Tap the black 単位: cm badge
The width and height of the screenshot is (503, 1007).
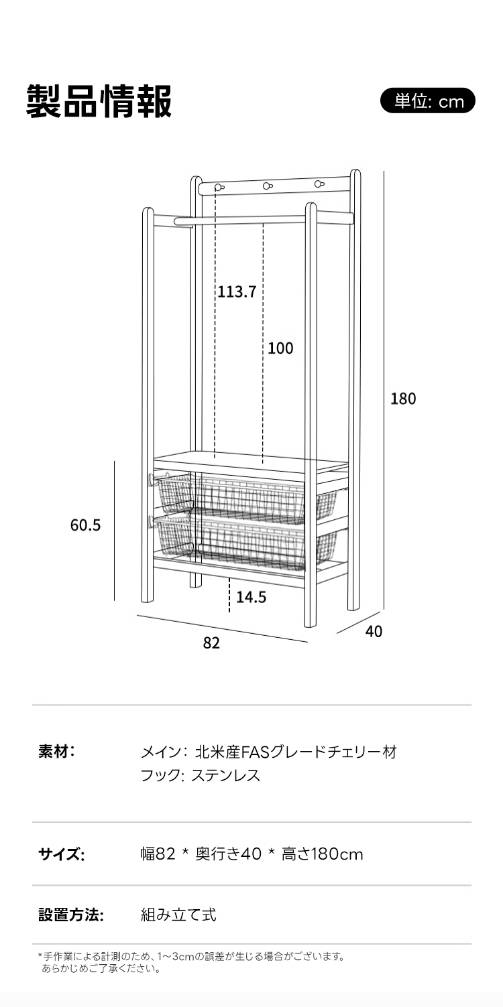428,101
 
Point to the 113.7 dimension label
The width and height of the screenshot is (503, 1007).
236,291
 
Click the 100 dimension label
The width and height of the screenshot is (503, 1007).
280,348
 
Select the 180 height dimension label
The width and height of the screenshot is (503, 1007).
403,399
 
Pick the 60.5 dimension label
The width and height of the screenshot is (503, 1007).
85,525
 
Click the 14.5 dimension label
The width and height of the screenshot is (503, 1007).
251,597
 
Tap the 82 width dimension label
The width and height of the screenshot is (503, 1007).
211,643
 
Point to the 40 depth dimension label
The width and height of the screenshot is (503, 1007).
374,631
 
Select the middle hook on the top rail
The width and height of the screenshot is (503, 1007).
268,186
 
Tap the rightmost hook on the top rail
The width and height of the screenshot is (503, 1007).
319,183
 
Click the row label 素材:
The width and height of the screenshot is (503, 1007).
56,751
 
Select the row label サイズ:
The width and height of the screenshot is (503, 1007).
61,854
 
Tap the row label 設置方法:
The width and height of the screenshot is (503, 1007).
71,915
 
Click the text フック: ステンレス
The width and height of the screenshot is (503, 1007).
200,776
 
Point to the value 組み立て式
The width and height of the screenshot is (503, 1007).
178,915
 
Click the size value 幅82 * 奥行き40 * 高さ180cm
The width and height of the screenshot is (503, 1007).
251,854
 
